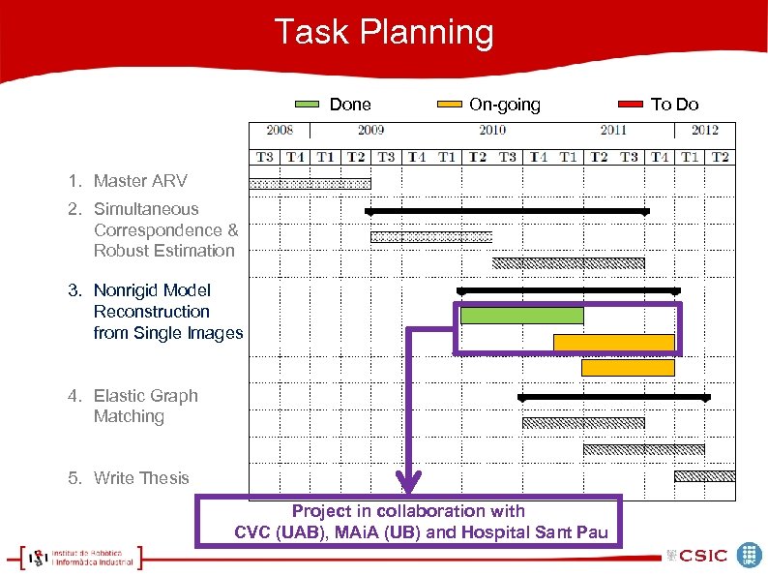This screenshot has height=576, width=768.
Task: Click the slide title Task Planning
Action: tap(384, 32)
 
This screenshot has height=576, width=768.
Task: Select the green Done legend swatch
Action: tap(307, 105)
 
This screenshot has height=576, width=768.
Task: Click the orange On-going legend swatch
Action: tap(450, 105)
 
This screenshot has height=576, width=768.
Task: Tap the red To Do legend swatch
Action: tap(631, 105)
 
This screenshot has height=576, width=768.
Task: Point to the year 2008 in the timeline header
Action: tap(280, 130)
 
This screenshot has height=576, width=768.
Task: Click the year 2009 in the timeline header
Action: tap(370, 130)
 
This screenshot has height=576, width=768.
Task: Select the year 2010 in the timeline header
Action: tap(491, 130)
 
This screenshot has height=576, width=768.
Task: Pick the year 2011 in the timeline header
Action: tap(613, 130)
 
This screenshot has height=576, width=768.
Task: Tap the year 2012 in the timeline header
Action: tap(704, 130)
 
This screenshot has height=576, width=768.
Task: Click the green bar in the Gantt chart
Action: tap(521, 316)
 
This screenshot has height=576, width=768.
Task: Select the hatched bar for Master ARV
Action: tap(310, 183)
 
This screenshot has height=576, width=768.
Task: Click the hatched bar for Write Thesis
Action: tap(704, 475)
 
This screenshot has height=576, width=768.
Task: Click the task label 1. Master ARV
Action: tap(128, 181)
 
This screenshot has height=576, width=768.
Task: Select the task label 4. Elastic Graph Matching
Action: tap(133, 406)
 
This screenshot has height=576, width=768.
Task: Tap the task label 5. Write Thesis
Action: tap(129, 477)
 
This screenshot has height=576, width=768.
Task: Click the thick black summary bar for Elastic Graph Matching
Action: tap(614, 397)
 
